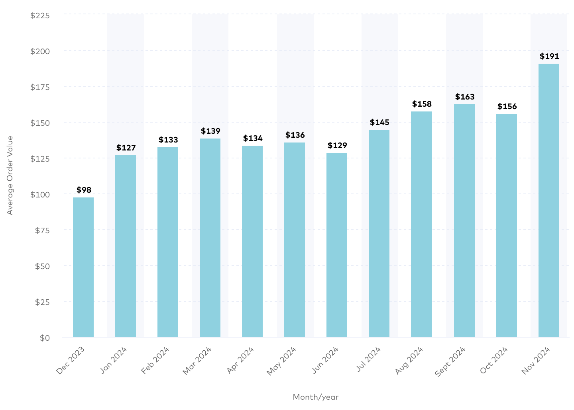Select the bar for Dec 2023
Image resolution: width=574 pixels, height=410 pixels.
point(83,267)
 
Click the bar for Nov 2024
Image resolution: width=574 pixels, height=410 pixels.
point(548,200)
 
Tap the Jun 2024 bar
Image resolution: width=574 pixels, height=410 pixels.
point(337,245)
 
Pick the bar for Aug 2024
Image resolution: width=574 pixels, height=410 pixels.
point(421,224)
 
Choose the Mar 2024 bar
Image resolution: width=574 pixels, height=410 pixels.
point(210,238)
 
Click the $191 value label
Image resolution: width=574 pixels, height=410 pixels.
point(549,57)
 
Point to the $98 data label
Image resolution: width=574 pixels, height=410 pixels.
point(84,190)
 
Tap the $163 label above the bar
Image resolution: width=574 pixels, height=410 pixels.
point(465,97)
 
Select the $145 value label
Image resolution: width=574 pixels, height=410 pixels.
point(379,123)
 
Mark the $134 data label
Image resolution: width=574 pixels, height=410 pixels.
point(253,139)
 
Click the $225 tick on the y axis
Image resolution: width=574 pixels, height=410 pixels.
point(40,16)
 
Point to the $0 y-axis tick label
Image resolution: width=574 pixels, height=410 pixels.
point(45,338)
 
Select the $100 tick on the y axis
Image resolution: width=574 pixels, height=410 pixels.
point(40,195)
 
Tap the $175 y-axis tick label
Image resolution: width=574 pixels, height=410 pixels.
point(40,87)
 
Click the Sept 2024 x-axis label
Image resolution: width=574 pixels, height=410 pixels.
point(450,361)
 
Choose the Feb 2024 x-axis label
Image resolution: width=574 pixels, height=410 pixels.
point(155,360)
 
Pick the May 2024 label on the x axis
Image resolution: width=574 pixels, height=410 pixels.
point(281,361)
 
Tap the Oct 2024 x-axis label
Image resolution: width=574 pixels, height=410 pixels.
point(494,360)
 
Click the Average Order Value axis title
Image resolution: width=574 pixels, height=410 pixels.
point(10,175)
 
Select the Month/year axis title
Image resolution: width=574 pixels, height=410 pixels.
point(315,397)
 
